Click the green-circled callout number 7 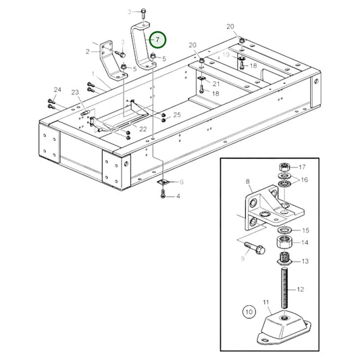click(157, 40)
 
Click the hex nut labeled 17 click(284, 167)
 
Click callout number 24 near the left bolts click(57, 90)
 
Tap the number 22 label click(143, 128)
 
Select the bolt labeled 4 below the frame click(163, 195)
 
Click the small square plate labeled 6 click(163, 182)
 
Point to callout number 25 click(177, 115)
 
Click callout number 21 click(216, 83)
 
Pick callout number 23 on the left click(75, 93)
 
